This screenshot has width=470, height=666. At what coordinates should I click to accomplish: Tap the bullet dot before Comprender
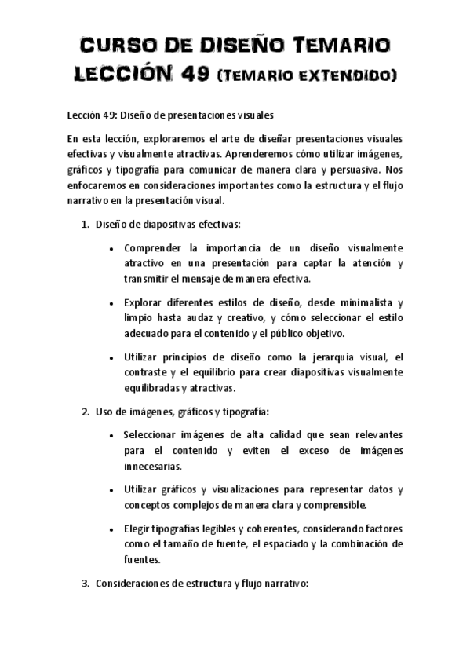pyautogui.click(x=114, y=250)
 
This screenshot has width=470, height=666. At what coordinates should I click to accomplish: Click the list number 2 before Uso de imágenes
pyautogui.click(x=84, y=412)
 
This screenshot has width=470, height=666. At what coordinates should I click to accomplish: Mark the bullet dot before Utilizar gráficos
pyautogui.click(x=114, y=490)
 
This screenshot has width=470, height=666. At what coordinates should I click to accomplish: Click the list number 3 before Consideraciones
pyautogui.click(x=84, y=584)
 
